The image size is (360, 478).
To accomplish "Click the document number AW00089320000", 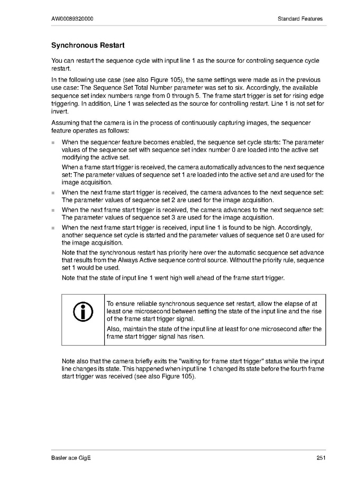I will point(73,19).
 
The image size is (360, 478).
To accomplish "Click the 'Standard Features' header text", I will point(300,19).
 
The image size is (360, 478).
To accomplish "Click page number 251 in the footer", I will point(320,458).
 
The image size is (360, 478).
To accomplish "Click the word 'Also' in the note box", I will point(113,329).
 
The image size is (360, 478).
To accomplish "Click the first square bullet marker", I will point(53,142).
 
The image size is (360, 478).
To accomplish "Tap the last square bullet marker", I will point(53,228).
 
